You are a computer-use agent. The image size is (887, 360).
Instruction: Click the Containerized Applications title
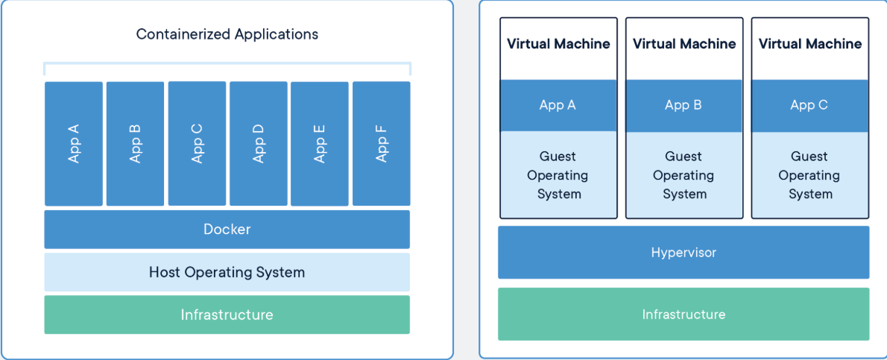pyautogui.click(x=227, y=34)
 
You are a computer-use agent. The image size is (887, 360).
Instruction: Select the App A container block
pyautogui.click(x=74, y=143)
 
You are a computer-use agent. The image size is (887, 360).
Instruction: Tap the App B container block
pyautogui.click(x=135, y=143)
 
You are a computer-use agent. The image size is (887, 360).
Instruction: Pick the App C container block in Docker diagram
pyautogui.click(x=197, y=143)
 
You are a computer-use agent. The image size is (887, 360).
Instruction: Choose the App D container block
pyautogui.click(x=258, y=143)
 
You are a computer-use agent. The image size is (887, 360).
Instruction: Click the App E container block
pyautogui.click(x=320, y=143)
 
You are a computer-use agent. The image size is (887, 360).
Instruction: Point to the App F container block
pyautogui.click(x=381, y=143)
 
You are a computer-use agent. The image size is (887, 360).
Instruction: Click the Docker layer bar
pyautogui.click(x=227, y=230)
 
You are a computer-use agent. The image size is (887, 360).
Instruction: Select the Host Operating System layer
pyautogui.click(x=227, y=272)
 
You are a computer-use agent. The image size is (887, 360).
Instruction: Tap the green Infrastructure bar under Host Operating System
pyautogui.click(x=227, y=315)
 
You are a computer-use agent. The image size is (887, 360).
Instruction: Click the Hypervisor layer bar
pyautogui.click(x=684, y=253)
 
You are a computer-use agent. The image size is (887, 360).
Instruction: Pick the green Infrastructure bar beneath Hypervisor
pyautogui.click(x=684, y=314)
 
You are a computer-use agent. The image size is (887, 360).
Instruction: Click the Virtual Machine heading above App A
pyautogui.click(x=558, y=44)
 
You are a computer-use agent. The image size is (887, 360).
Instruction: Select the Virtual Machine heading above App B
pyautogui.click(x=684, y=44)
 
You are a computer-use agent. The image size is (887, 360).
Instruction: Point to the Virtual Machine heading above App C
pyautogui.click(x=810, y=44)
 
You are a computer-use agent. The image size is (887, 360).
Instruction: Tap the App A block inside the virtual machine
pyautogui.click(x=558, y=105)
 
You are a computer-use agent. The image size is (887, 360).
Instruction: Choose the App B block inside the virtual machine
pyautogui.click(x=684, y=105)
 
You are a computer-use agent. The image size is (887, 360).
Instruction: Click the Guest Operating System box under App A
pyautogui.click(x=558, y=175)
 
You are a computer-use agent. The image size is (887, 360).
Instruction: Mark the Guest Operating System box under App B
pyautogui.click(x=684, y=175)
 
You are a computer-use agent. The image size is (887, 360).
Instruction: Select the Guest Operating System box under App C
pyautogui.click(x=810, y=175)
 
